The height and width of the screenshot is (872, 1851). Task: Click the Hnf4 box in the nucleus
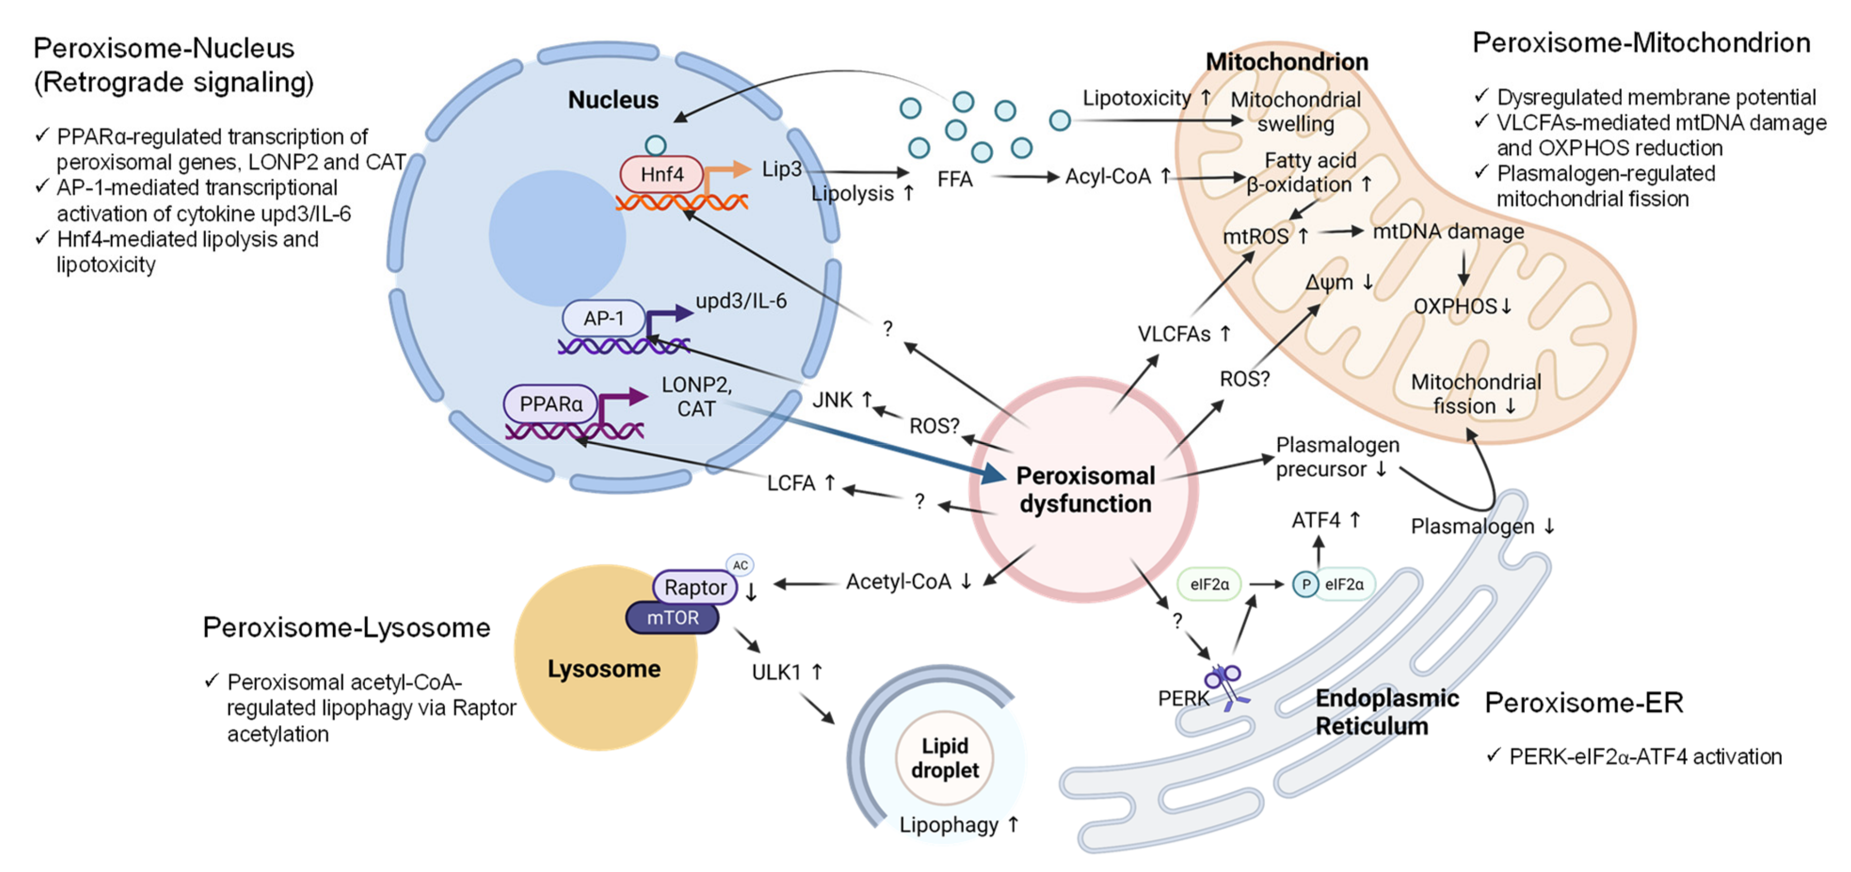click(661, 174)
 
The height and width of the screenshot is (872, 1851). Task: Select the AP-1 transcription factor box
click(604, 318)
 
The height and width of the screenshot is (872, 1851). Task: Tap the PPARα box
click(550, 403)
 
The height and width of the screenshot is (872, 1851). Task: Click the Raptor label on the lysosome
click(695, 587)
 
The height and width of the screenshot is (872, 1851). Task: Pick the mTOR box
click(672, 617)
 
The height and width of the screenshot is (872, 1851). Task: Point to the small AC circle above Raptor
click(740, 565)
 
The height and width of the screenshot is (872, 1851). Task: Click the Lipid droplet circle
click(944, 758)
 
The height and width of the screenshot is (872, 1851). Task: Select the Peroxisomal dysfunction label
click(1085, 490)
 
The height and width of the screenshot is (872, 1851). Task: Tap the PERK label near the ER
click(1183, 698)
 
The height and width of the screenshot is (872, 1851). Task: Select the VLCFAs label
click(1174, 334)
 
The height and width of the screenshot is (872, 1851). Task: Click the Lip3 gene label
click(781, 169)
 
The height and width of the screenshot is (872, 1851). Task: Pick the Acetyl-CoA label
click(898, 582)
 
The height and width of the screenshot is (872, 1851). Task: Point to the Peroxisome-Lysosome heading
click(346, 628)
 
